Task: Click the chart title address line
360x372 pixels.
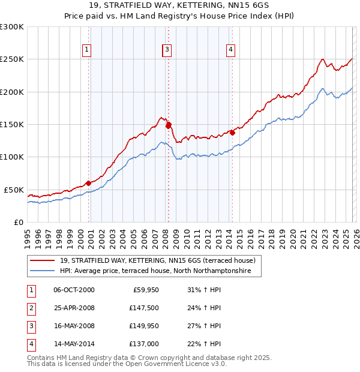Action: (x=179, y=5)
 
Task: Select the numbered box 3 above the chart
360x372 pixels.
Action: (x=167, y=50)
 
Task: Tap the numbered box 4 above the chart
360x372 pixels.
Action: (x=230, y=50)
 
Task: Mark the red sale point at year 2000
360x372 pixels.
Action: (x=88, y=183)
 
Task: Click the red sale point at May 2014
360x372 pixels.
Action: (x=232, y=133)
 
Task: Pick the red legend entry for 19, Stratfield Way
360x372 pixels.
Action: (x=157, y=260)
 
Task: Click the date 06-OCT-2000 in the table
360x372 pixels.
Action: (x=74, y=290)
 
